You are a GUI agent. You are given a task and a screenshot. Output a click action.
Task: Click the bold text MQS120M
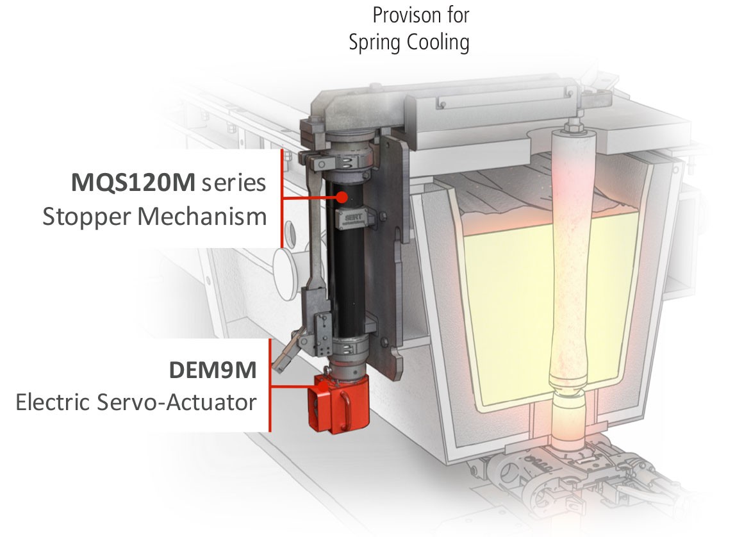(x=133, y=182)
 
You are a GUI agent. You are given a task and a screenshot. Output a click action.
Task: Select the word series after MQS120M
(x=233, y=183)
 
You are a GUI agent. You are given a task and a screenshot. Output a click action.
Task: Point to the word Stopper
(x=87, y=217)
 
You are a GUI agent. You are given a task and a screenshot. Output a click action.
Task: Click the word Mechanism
(x=202, y=217)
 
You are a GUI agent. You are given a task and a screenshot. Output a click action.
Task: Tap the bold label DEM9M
(x=213, y=370)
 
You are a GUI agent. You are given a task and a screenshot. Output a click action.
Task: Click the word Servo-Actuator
(x=177, y=402)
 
